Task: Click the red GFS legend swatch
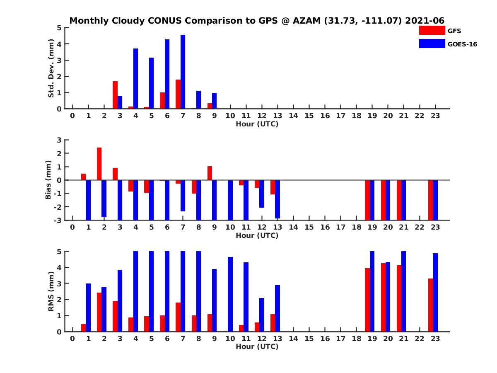click(x=432, y=30)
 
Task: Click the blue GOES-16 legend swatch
click(x=432, y=44)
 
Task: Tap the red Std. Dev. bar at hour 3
click(x=115, y=95)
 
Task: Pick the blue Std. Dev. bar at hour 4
click(x=135, y=79)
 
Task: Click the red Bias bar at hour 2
click(x=99, y=164)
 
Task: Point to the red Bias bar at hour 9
click(x=210, y=173)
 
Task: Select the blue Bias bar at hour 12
click(x=262, y=194)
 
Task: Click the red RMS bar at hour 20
click(x=383, y=297)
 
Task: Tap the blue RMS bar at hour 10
click(x=230, y=294)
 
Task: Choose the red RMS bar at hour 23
click(x=431, y=305)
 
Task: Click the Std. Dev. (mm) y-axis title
click(x=51, y=68)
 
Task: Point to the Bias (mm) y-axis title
click(x=48, y=179)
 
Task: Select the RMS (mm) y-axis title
click(x=51, y=291)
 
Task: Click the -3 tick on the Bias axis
click(x=58, y=220)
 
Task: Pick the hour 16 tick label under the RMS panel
click(x=325, y=338)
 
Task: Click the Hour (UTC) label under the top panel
click(x=257, y=124)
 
